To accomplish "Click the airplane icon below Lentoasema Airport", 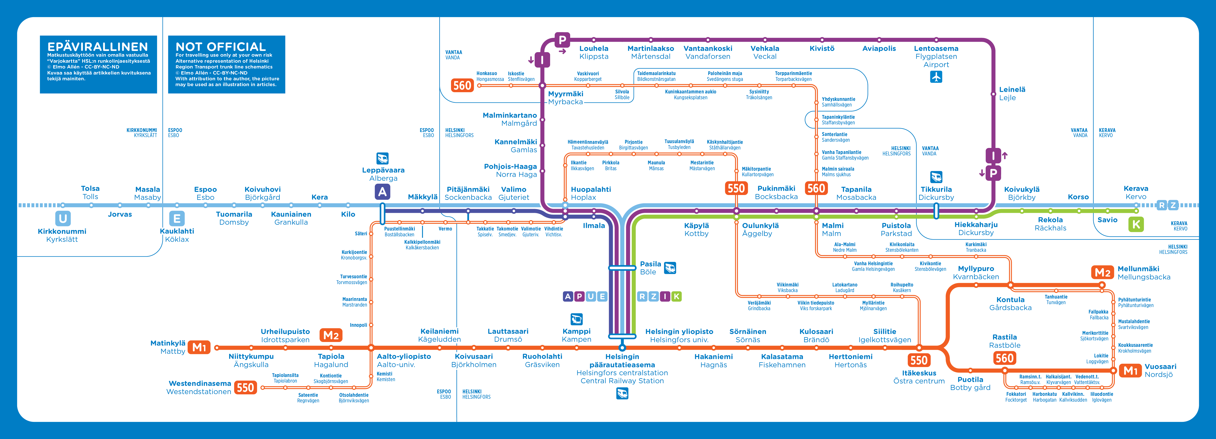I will [936, 77].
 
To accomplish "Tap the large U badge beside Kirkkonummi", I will [63, 218].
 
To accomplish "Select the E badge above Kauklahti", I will [176, 218].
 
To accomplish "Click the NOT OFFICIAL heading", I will [220, 47].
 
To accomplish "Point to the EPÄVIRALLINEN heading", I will [98, 47].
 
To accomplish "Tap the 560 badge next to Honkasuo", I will [462, 85].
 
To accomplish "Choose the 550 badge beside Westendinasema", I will [246, 388].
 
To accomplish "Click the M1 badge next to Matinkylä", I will [199, 348].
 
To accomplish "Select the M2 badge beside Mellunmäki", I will [1103, 272].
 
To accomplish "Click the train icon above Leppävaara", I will [382, 158].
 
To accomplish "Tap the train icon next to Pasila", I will [670, 268].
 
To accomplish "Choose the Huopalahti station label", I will [590, 189].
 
